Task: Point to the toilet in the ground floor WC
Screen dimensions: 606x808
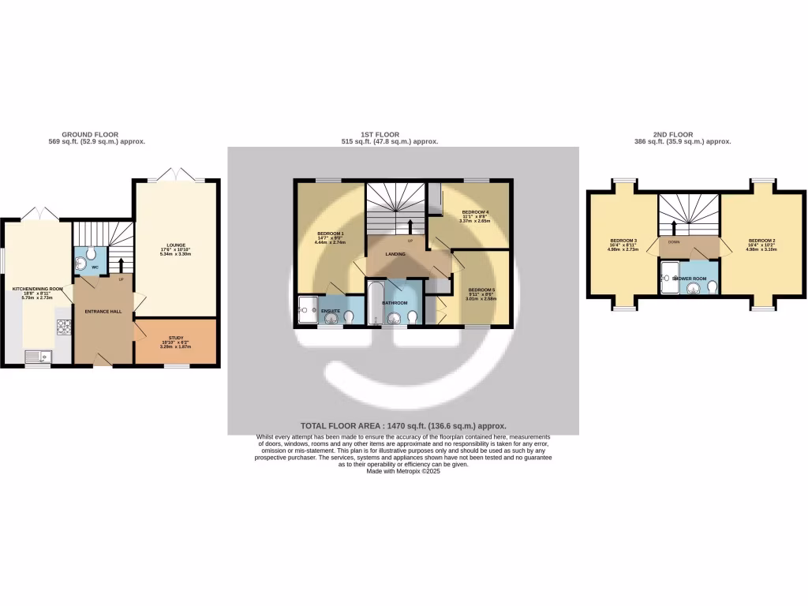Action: (x=90, y=254)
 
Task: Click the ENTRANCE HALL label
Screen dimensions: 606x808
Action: (x=103, y=312)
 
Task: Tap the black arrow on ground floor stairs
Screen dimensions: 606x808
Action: (x=121, y=264)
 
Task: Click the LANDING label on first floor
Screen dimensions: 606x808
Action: (x=395, y=255)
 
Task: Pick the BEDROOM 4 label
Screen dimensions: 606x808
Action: (x=475, y=212)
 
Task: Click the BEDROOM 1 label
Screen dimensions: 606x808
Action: (x=331, y=234)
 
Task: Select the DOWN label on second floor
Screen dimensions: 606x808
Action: (x=674, y=242)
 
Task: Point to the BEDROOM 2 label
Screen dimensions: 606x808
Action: (x=761, y=240)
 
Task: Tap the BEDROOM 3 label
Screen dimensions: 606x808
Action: (x=623, y=240)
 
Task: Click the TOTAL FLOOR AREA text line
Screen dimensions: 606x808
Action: (x=402, y=425)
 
